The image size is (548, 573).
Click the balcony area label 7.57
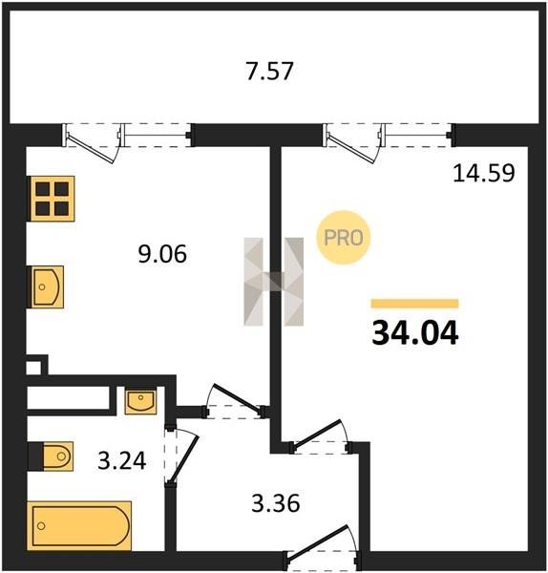[x=269, y=71]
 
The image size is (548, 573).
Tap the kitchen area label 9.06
[x=162, y=254]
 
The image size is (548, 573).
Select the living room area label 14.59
[x=484, y=173]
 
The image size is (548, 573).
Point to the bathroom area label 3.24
[x=122, y=460]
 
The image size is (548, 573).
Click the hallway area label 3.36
[x=276, y=503]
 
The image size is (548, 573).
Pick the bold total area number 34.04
[x=415, y=332]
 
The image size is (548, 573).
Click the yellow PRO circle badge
[x=344, y=238]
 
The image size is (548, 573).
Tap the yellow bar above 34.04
[x=414, y=304]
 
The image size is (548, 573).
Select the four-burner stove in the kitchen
[x=53, y=199]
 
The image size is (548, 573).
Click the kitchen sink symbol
[x=45, y=286]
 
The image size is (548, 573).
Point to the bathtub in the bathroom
[x=79, y=526]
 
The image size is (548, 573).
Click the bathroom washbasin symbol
[x=140, y=402]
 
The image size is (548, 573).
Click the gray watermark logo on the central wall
[x=274, y=282]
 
